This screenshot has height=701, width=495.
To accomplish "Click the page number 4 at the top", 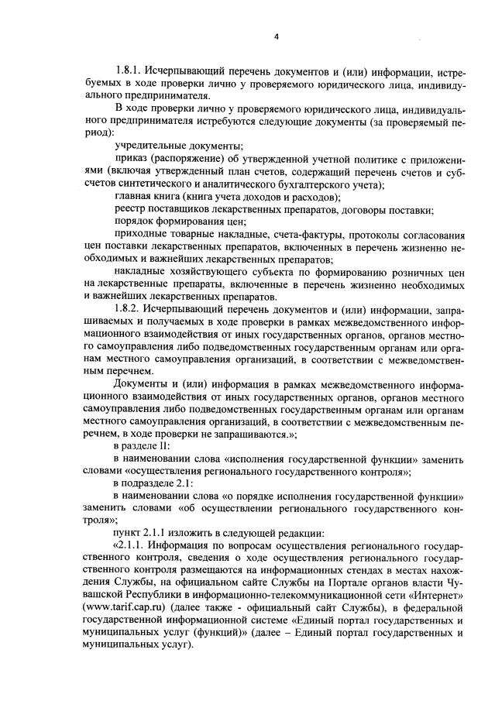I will tap(276, 36).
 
